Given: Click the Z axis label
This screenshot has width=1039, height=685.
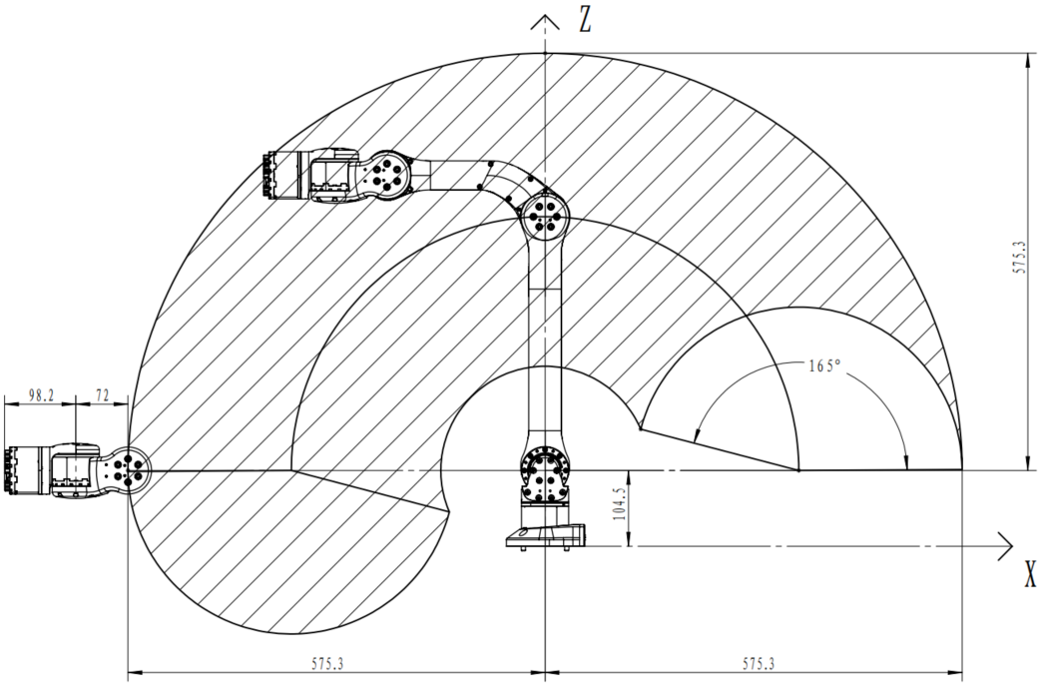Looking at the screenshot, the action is click(585, 20).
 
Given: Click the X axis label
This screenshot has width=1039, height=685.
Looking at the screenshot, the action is click(1030, 574).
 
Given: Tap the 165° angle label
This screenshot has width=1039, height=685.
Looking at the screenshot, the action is click(825, 365).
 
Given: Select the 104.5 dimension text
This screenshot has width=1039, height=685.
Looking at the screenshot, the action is click(619, 504).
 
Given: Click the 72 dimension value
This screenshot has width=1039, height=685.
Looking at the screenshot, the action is click(103, 395).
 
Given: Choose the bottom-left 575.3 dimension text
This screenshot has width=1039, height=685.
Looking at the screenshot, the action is click(327, 663).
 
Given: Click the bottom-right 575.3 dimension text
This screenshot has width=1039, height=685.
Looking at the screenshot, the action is click(759, 663).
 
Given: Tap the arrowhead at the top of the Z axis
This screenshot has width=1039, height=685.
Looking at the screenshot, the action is click(545, 21).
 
